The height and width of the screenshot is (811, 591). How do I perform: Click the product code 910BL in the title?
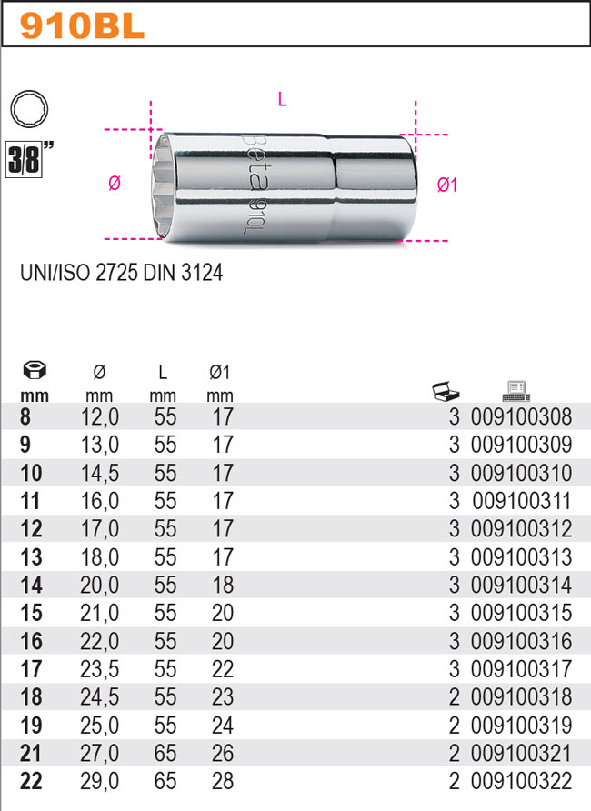[x=83, y=25]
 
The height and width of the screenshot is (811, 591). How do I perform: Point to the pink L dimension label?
[x=282, y=101]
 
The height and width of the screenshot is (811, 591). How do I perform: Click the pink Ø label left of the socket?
[x=114, y=184]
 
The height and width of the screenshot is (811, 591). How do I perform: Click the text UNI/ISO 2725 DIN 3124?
[x=121, y=272]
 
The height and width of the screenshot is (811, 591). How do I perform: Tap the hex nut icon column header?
[x=34, y=371]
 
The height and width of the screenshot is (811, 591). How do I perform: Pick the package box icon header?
[x=446, y=391]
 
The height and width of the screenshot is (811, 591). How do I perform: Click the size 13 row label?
[x=31, y=557]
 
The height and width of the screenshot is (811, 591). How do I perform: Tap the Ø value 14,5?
[x=100, y=474]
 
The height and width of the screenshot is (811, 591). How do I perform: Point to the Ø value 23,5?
[x=100, y=669]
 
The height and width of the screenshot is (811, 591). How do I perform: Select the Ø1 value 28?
[x=220, y=782]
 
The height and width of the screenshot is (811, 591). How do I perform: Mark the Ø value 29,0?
[x=100, y=782]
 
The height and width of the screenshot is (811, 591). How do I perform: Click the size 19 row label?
[x=31, y=726]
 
